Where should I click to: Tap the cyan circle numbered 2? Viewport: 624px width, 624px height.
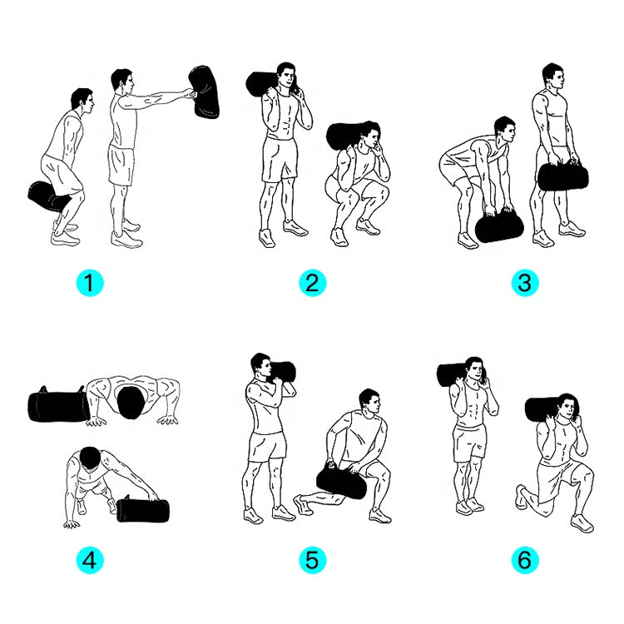(x=311, y=283)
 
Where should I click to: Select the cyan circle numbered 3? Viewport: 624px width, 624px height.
(x=524, y=283)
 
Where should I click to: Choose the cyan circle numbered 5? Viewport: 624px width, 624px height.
(x=311, y=561)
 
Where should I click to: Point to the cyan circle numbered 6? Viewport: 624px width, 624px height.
(x=524, y=561)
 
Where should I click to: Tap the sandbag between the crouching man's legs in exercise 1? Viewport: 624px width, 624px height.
(x=47, y=197)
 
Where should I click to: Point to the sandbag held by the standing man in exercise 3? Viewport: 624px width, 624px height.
(x=564, y=176)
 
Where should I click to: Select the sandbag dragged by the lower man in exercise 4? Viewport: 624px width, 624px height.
(x=142, y=508)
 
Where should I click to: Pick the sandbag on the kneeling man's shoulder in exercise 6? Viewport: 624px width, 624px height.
(x=544, y=409)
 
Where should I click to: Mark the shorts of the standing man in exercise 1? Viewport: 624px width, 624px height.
(x=121, y=166)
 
